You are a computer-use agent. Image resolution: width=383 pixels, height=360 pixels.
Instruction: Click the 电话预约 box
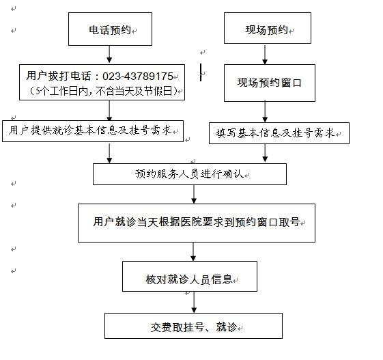(110, 29)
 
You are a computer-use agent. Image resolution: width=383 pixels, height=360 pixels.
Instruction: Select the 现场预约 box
(268, 28)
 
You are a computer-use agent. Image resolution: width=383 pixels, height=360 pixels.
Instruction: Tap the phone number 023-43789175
(138, 77)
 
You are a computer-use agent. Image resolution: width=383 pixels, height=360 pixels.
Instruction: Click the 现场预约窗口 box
(270, 83)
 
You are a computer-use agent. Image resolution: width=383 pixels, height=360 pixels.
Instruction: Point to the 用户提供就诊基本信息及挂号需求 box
(93, 131)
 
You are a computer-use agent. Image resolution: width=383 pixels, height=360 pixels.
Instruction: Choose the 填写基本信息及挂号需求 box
(279, 133)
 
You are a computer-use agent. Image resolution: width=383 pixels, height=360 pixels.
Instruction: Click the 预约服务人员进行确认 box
(190, 174)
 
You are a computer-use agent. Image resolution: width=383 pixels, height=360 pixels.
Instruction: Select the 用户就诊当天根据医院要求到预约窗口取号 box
(197, 223)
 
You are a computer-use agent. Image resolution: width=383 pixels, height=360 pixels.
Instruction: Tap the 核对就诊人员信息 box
(190, 276)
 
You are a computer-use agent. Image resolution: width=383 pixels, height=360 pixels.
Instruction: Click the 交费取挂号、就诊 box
(193, 326)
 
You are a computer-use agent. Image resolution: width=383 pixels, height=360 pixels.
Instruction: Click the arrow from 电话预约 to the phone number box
(109, 54)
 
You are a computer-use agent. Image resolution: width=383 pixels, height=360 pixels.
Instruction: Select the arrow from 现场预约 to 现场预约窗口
(265, 54)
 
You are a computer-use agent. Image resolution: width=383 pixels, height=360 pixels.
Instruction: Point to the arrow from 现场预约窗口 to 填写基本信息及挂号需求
(265, 111)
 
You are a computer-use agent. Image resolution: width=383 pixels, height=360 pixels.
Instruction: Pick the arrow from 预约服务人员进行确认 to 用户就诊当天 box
(194, 194)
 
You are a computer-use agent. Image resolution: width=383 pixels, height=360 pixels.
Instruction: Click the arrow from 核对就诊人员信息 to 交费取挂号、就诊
(194, 303)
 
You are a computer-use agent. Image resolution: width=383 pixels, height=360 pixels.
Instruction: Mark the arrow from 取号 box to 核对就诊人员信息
(193, 252)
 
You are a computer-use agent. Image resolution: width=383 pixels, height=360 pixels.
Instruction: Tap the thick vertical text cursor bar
(201, 72)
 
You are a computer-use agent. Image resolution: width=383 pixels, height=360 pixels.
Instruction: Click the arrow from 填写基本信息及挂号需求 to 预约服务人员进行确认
(265, 153)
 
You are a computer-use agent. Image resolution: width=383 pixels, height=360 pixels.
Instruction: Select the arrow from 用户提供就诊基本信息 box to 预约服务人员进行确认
(109, 153)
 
